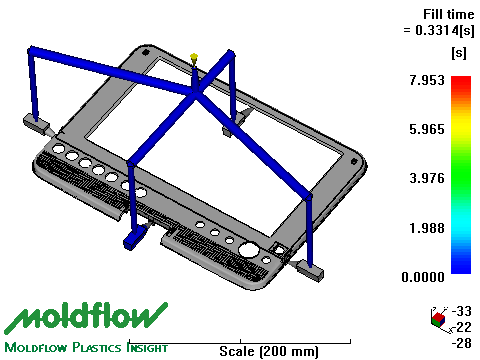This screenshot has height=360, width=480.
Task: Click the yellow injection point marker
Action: [x=194, y=59]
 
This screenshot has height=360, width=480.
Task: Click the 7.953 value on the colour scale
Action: [x=427, y=80]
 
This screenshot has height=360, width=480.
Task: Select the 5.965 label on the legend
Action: [x=427, y=129]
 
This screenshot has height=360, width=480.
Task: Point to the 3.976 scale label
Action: [x=427, y=178]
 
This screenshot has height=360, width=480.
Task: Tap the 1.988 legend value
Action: [x=427, y=228]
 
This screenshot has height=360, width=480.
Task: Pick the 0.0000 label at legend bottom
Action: [x=423, y=277]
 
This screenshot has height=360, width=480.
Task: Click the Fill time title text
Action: [x=448, y=14]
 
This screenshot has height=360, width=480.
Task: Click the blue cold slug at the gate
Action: [x=134, y=237]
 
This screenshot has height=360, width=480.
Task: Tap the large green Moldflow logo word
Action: [x=86, y=317]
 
